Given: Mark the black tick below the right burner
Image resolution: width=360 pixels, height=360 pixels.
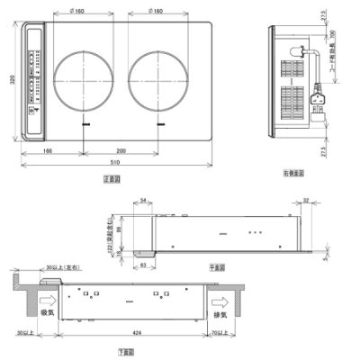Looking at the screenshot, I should (x=160, y=123).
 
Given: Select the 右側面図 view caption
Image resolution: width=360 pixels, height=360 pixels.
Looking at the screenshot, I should (x=291, y=171).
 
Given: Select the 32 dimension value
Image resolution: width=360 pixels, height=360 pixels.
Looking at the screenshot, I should (x=308, y=202).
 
